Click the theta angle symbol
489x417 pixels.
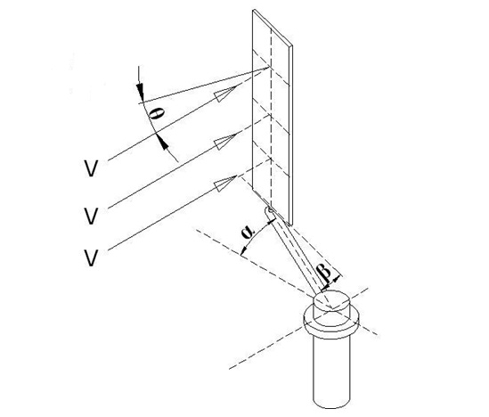coord(157,114)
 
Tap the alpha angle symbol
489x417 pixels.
coord(249,232)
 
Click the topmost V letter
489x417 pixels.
coord(92,168)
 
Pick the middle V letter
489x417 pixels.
coord(92,216)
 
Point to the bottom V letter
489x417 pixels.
coord(92,258)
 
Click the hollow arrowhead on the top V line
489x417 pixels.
coord(224,94)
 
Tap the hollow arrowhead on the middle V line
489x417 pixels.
coord(224,141)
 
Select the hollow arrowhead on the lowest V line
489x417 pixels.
coord(224,184)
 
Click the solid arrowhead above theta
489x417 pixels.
coord(140,91)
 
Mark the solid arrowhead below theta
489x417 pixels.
coord(162,143)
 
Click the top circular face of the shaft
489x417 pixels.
coord(332,299)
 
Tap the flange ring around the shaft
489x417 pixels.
coord(331,322)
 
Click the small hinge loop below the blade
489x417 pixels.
coord(269,210)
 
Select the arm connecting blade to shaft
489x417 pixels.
coord(295,253)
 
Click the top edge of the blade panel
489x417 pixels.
coord(273,29)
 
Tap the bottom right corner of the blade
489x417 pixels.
coord(291,225)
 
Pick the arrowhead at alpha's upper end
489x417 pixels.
coord(272,222)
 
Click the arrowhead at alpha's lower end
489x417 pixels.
coord(244,249)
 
